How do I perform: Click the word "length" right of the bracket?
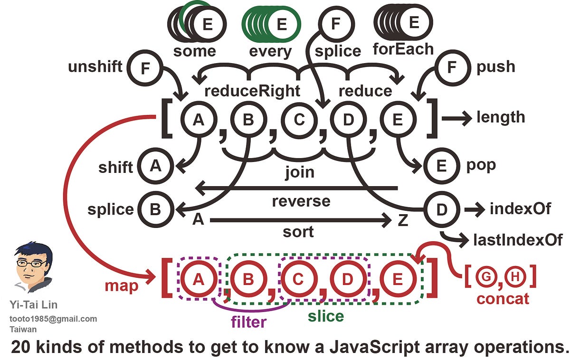point(501,117)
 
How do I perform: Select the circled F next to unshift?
point(144,67)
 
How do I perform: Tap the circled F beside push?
point(452,67)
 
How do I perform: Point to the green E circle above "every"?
point(282,23)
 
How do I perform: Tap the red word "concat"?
point(503,300)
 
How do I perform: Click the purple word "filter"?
point(248,322)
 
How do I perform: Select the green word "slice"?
point(325,316)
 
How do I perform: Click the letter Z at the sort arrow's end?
point(402,221)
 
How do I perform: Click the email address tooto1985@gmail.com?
point(53,319)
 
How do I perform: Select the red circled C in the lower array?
point(298,280)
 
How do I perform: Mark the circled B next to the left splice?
point(155,209)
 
